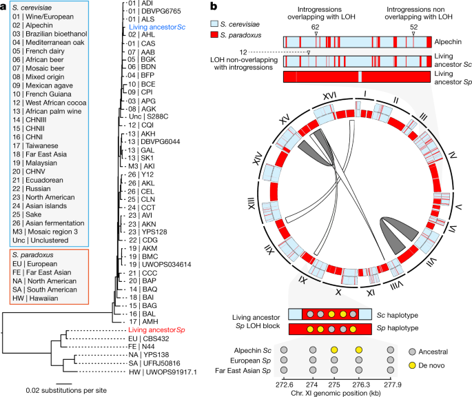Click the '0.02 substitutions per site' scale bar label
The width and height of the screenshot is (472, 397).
coord(61,390)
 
